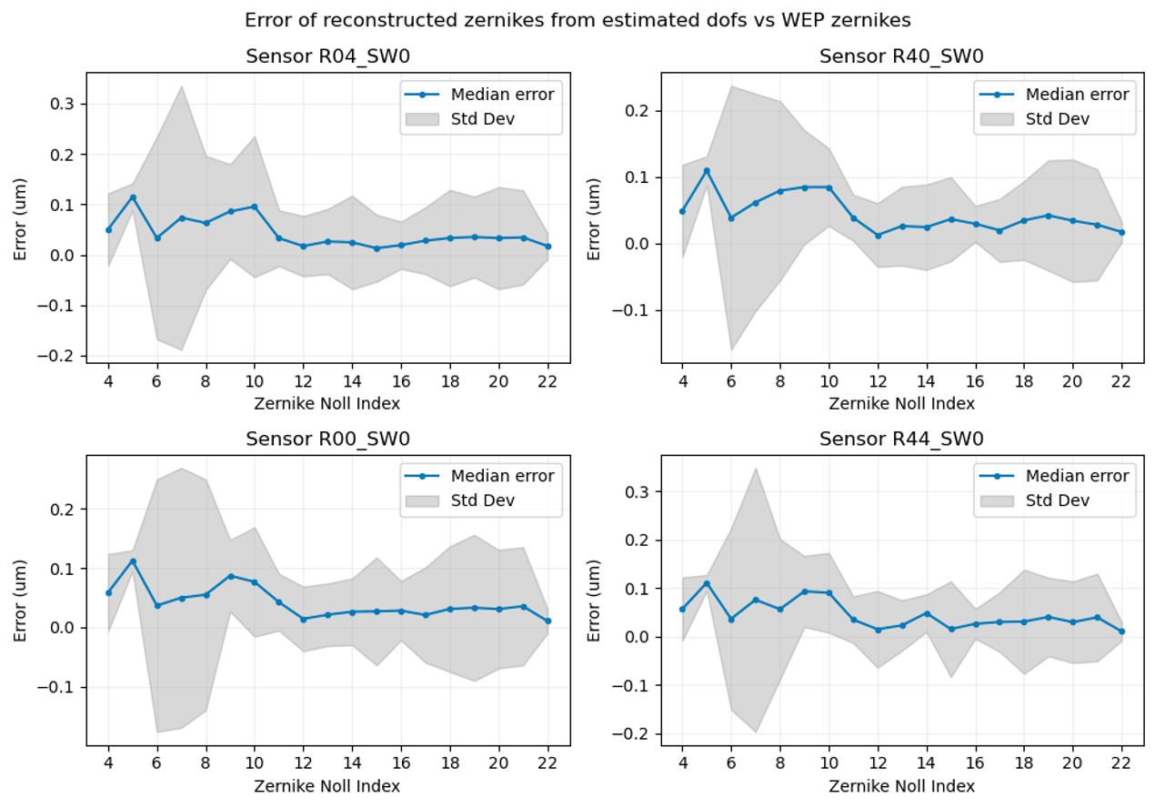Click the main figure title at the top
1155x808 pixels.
tap(577, 19)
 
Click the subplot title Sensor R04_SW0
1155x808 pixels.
tap(327, 56)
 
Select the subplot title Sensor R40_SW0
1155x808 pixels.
tap(901, 56)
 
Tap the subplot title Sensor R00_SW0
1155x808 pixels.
tap(327, 439)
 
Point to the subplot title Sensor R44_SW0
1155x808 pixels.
tap(901, 439)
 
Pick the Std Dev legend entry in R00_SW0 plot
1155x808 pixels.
tap(482, 501)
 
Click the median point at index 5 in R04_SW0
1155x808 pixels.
tap(133, 197)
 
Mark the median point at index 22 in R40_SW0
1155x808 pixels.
tap(1122, 233)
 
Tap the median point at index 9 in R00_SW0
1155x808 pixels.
tap(231, 576)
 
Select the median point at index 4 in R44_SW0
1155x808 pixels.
tap(683, 609)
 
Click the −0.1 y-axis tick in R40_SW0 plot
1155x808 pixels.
tap(630, 310)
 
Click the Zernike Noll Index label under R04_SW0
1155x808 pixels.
tap(327, 403)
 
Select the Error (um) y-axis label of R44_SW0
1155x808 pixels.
tap(595, 600)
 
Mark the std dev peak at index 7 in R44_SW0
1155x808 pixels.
tap(756, 469)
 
